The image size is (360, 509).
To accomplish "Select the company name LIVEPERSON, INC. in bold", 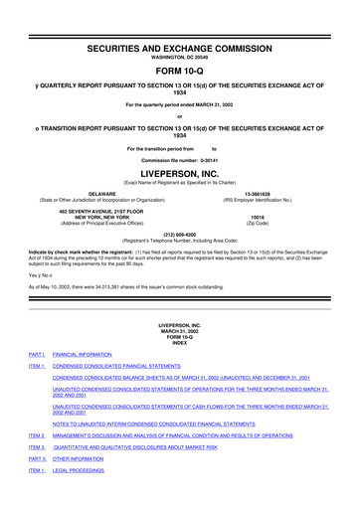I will [x=180, y=172].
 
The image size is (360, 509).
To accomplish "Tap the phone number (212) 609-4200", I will [x=180, y=236].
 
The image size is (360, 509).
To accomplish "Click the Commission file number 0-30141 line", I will [x=180, y=159].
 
